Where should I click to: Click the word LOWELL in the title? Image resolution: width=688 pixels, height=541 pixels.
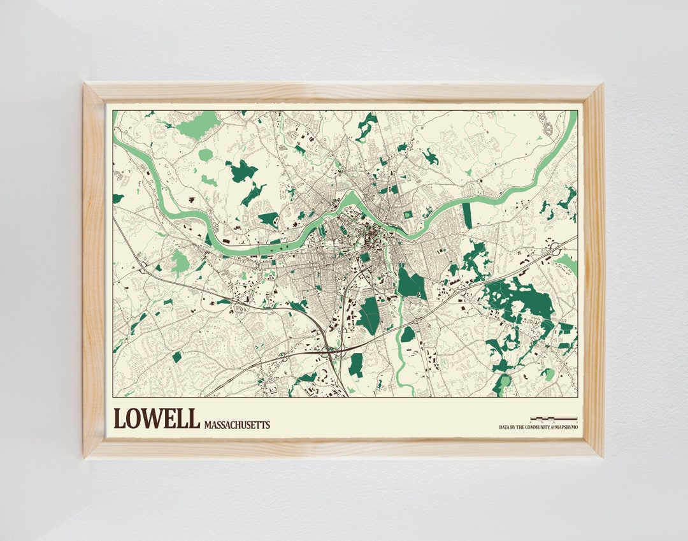155,419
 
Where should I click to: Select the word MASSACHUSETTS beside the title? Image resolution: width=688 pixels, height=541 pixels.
237,424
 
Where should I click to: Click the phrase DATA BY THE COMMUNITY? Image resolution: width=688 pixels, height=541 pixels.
522,428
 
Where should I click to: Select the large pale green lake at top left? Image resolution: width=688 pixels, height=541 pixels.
199,124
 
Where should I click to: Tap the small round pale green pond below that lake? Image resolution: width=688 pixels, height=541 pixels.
205,155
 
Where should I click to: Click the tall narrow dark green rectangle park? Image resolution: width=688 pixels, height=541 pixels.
468,215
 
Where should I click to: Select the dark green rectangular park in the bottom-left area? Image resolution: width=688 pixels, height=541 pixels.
177,357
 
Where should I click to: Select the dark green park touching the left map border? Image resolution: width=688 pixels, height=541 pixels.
117,198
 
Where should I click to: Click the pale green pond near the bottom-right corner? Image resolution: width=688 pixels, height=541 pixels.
548,375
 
